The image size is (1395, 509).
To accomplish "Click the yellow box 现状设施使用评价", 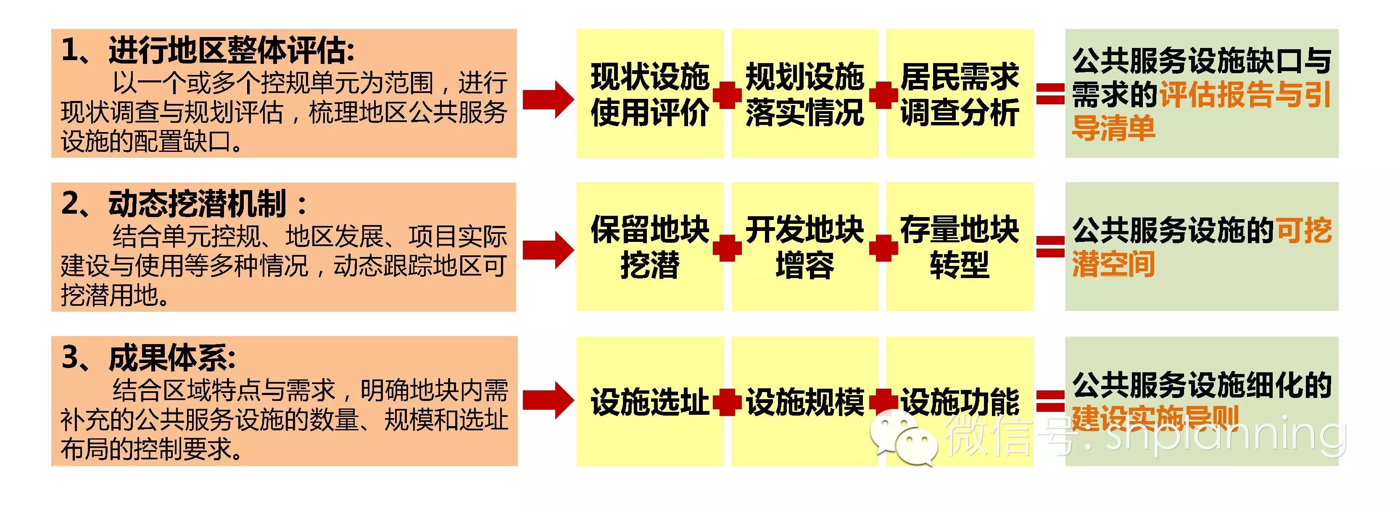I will click(x=650, y=94).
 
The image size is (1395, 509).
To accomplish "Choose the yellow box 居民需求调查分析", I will click(x=960, y=94).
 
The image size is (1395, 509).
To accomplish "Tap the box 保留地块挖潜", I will click(x=650, y=247).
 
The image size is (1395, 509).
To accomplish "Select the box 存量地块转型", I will click(x=960, y=247).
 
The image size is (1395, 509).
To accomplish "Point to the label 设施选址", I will click(x=650, y=402).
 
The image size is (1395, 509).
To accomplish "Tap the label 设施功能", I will click(x=960, y=402).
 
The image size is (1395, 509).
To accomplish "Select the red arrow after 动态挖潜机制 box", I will click(x=548, y=250).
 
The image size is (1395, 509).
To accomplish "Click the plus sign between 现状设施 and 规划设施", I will click(x=727, y=95).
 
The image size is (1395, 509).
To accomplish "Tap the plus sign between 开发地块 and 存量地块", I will click(x=883, y=248).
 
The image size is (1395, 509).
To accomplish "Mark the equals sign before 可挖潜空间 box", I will click(x=1050, y=247).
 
